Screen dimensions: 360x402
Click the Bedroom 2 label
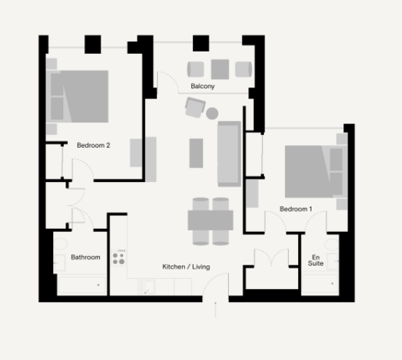tap(93, 144)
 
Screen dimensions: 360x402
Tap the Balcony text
tap(202, 87)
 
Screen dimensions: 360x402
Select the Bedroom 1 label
tap(296, 209)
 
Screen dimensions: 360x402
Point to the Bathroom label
tap(85, 257)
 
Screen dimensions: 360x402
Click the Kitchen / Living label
tap(186, 267)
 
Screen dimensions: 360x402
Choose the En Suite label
tap(316, 260)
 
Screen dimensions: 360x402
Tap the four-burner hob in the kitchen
tap(119, 257)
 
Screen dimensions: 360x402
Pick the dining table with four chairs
tap(210, 220)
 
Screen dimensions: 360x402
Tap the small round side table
tap(212, 114)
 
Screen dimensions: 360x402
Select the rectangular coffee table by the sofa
tap(197, 152)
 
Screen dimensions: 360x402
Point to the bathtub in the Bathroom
tap(80, 286)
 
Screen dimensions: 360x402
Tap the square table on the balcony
tap(220, 68)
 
